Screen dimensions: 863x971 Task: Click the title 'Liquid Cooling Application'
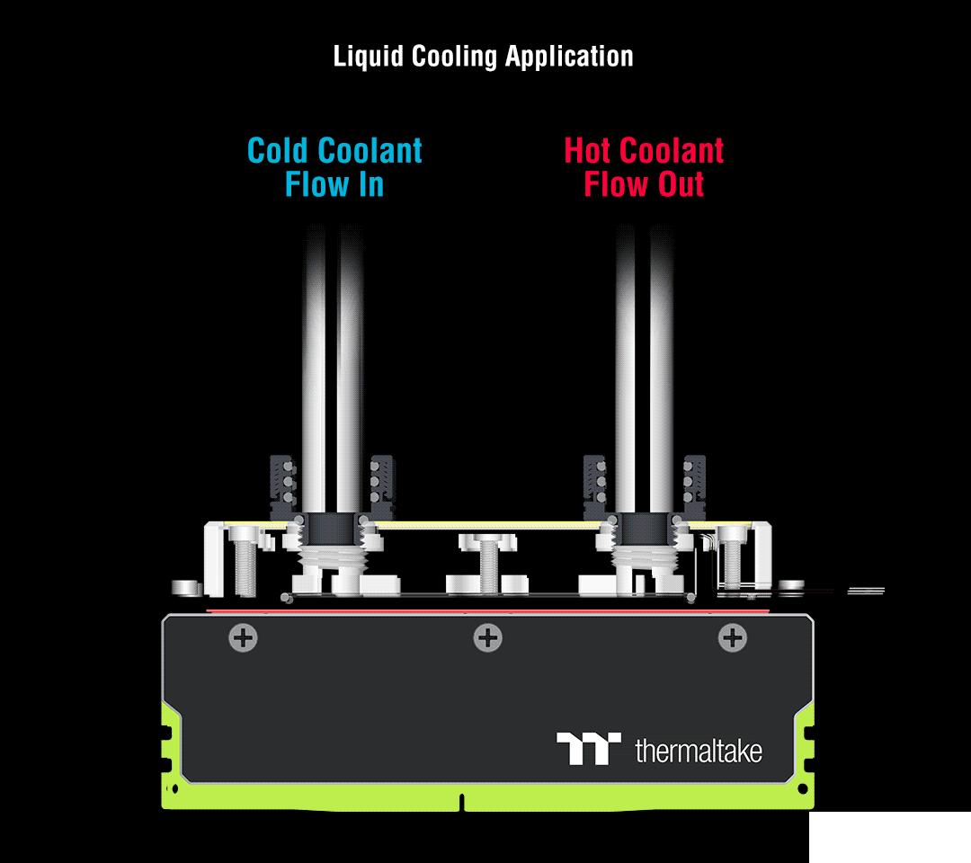(x=483, y=56)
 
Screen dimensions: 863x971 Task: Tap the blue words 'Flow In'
(x=334, y=185)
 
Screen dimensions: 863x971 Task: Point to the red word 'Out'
(x=679, y=185)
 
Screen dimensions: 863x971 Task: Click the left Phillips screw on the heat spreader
(x=243, y=638)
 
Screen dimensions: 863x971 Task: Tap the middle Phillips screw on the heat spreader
(x=487, y=638)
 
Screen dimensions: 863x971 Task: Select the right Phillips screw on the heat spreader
(x=732, y=638)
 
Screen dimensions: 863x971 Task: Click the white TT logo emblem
(x=589, y=748)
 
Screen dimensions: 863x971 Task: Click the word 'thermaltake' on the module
(x=698, y=750)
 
